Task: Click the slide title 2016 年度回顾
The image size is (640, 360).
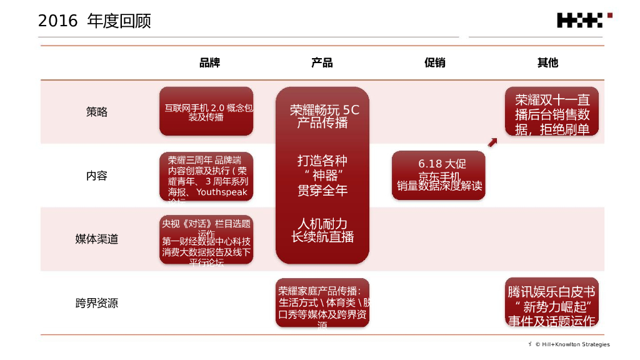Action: coord(94,21)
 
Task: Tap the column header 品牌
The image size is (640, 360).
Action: coord(209,62)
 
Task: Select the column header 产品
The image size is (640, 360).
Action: coord(322,62)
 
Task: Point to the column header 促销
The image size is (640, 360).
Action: coord(434,62)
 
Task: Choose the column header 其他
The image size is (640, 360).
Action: coord(547,62)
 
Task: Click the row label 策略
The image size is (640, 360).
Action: coord(97,112)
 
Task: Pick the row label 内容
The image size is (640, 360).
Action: coord(97,176)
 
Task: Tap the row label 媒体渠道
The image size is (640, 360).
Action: coord(97,239)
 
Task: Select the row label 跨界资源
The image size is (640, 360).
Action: coord(97,304)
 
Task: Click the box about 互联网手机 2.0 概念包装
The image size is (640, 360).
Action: coord(206,111)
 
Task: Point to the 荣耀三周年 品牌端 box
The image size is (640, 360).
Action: coord(206,176)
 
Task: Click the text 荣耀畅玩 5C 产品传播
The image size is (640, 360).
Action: coord(322,116)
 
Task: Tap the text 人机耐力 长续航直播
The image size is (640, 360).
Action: coord(322,230)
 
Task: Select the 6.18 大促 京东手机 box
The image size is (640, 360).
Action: coord(439,176)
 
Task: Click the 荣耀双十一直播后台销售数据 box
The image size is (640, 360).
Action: coord(552,112)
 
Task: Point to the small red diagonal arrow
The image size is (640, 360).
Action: coord(492,144)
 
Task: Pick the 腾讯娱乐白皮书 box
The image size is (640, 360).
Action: coord(552,302)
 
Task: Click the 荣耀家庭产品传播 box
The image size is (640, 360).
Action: coord(322,304)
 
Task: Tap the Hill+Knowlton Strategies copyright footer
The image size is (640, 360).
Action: coord(572,344)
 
